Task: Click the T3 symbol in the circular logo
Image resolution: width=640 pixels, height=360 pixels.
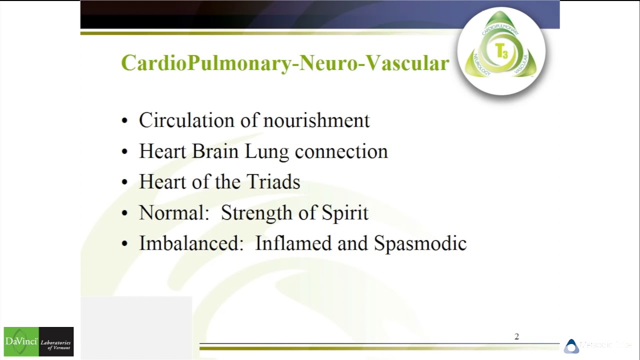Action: [x=501, y=51]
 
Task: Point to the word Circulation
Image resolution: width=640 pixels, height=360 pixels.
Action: [x=193, y=120]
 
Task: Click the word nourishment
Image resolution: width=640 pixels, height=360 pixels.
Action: [x=316, y=120]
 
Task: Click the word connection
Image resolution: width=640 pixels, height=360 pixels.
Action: [x=341, y=151]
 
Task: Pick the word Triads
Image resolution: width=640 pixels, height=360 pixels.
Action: [x=275, y=182]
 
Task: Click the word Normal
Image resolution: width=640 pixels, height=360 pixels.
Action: [x=173, y=213]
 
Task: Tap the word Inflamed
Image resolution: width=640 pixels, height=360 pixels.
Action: [x=293, y=243]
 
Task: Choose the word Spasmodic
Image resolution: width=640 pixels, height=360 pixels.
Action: [x=420, y=243]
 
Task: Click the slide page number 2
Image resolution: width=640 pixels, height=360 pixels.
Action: [x=516, y=336]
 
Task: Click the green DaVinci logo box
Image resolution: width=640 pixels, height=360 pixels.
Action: [x=21, y=341]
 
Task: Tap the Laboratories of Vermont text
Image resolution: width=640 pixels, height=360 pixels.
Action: [x=56, y=344]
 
